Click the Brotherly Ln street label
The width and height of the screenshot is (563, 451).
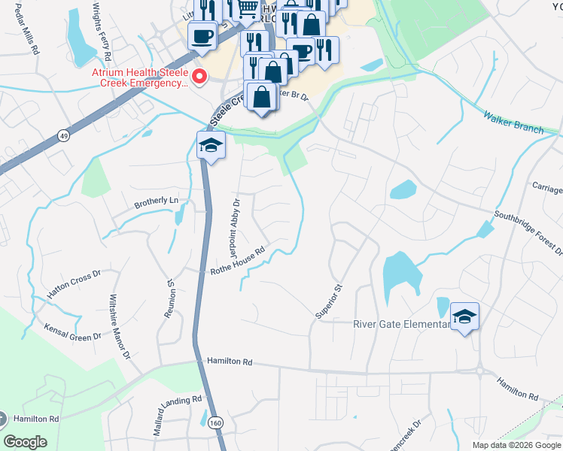coord(157,201)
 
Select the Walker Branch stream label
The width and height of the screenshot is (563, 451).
coord(513,123)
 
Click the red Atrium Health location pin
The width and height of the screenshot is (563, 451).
coord(199,75)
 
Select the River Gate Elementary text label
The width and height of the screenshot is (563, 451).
coord(401,325)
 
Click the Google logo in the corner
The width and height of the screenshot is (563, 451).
coord(26,442)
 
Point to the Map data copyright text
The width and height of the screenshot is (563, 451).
coord(516,445)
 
